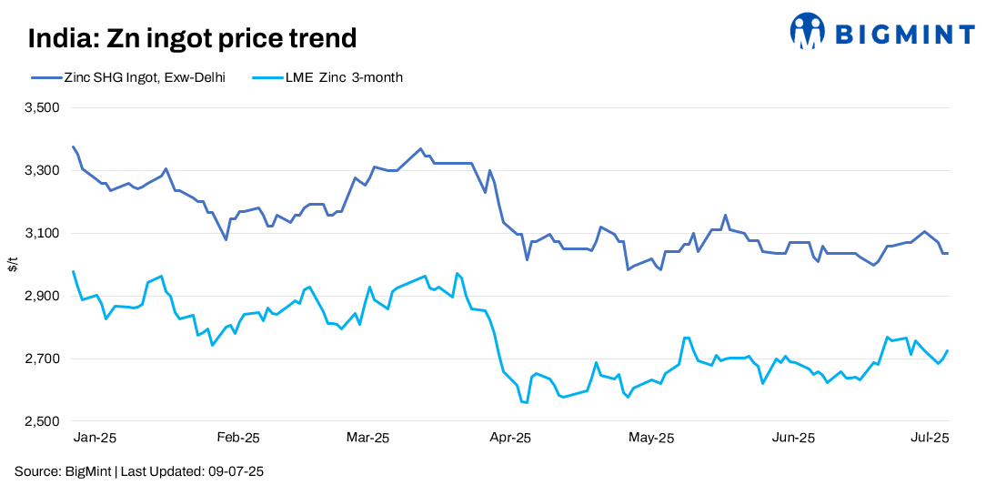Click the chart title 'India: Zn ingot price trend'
(x=192, y=38)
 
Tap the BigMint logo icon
(x=807, y=32)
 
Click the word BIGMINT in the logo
(x=904, y=35)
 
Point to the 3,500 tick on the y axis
(x=40, y=108)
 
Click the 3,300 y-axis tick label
(x=40, y=171)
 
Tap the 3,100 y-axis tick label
(x=40, y=234)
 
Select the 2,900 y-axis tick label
(x=40, y=297)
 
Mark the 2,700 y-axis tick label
(x=40, y=359)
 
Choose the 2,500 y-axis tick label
(x=40, y=422)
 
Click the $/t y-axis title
(x=13, y=265)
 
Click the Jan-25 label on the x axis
(x=95, y=438)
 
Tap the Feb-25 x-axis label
(x=237, y=438)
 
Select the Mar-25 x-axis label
(x=367, y=438)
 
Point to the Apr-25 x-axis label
(x=510, y=438)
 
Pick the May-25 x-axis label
(x=651, y=438)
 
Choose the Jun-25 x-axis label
(x=793, y=438)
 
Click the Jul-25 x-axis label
(x=931, y=438)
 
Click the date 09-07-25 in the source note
(x=234, y=472)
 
